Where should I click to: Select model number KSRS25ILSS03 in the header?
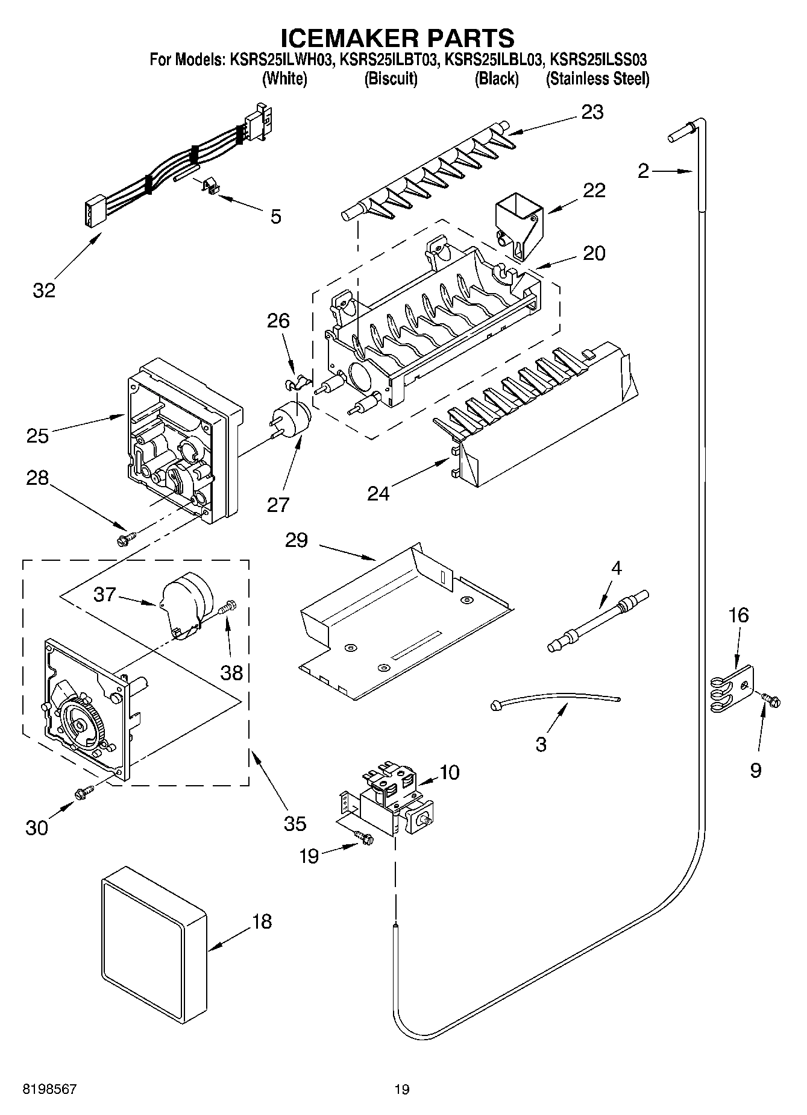[598, 60]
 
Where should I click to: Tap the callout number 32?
[44, 290]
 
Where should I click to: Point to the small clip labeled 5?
[208, 188]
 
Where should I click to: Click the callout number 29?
[297, 540]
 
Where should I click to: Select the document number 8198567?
[50, 1089]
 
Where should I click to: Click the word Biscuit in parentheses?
[391, 79]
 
